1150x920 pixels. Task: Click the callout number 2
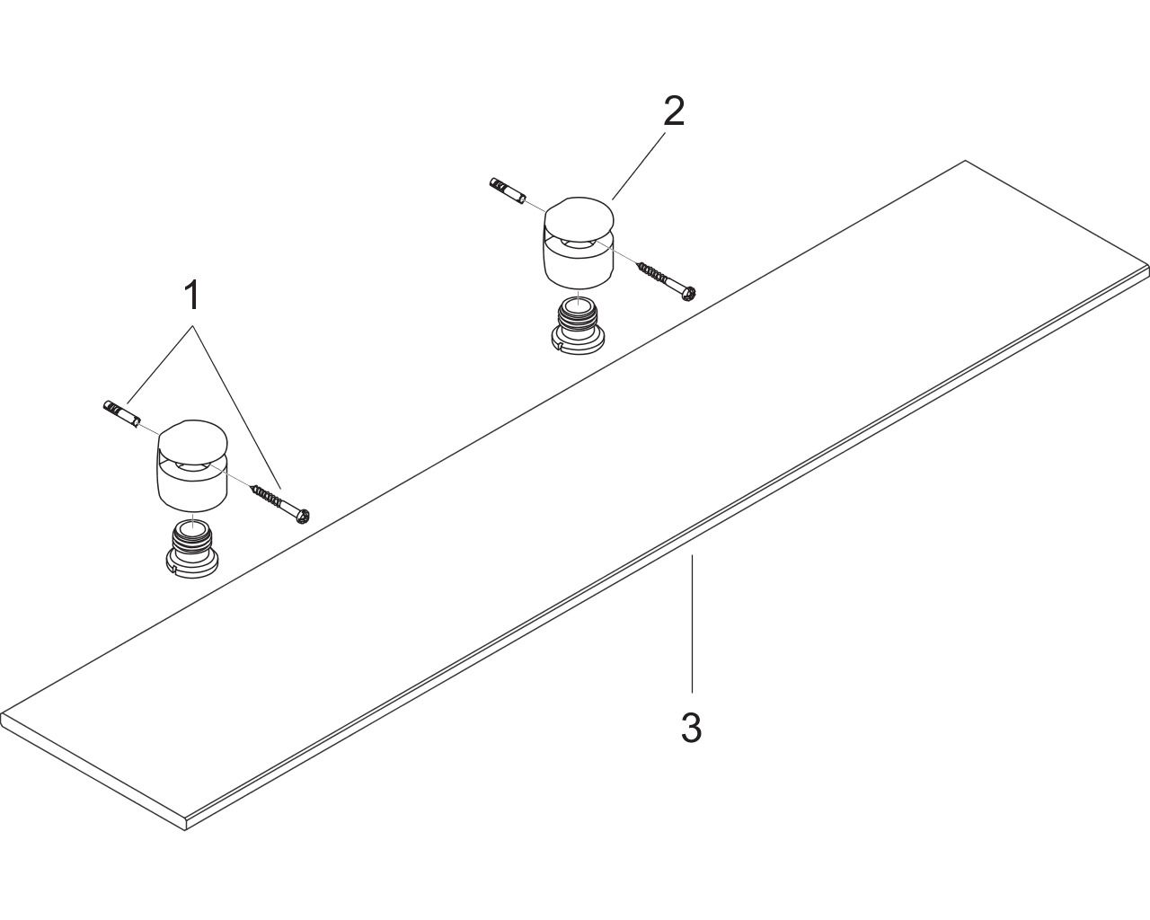coord(674,111)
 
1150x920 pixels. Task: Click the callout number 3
coord(692,727)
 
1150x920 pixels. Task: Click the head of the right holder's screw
coord(689,293)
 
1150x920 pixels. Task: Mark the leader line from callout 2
coord(639,165)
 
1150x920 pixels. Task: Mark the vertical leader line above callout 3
coord(692,624)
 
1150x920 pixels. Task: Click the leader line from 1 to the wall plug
coord(160,364)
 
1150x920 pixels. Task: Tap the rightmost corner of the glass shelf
coord(1148,266)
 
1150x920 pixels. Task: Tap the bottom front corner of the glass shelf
coord(185,829)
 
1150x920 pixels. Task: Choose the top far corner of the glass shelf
coord(965,161)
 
